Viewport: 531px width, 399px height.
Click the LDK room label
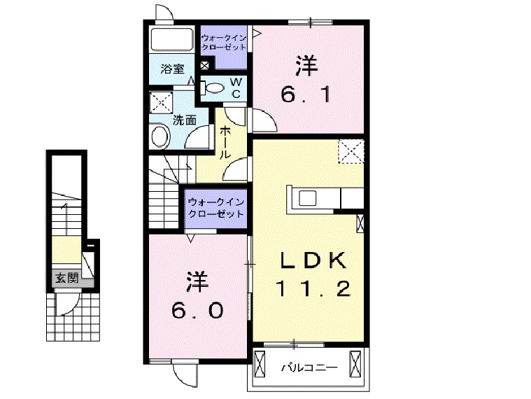pyautogui.click(x=313, y=260)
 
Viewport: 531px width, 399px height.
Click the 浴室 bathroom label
pyautogui.click(x=171, y=69)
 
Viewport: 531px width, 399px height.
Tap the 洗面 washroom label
pyautogui.click(x=185, y=120)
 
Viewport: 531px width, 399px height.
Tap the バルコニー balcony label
pyautogui.click(x=309, y=367)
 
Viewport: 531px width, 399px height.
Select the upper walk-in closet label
pyautogui.click(x=223, y=43)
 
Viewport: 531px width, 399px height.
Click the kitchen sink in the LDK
pyautogui.click(x=309, y=198)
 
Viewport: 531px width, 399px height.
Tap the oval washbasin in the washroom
pyautogui.click(x=160, y=135)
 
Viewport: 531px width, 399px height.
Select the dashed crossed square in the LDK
pyautogui.click(x=349, y=151)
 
